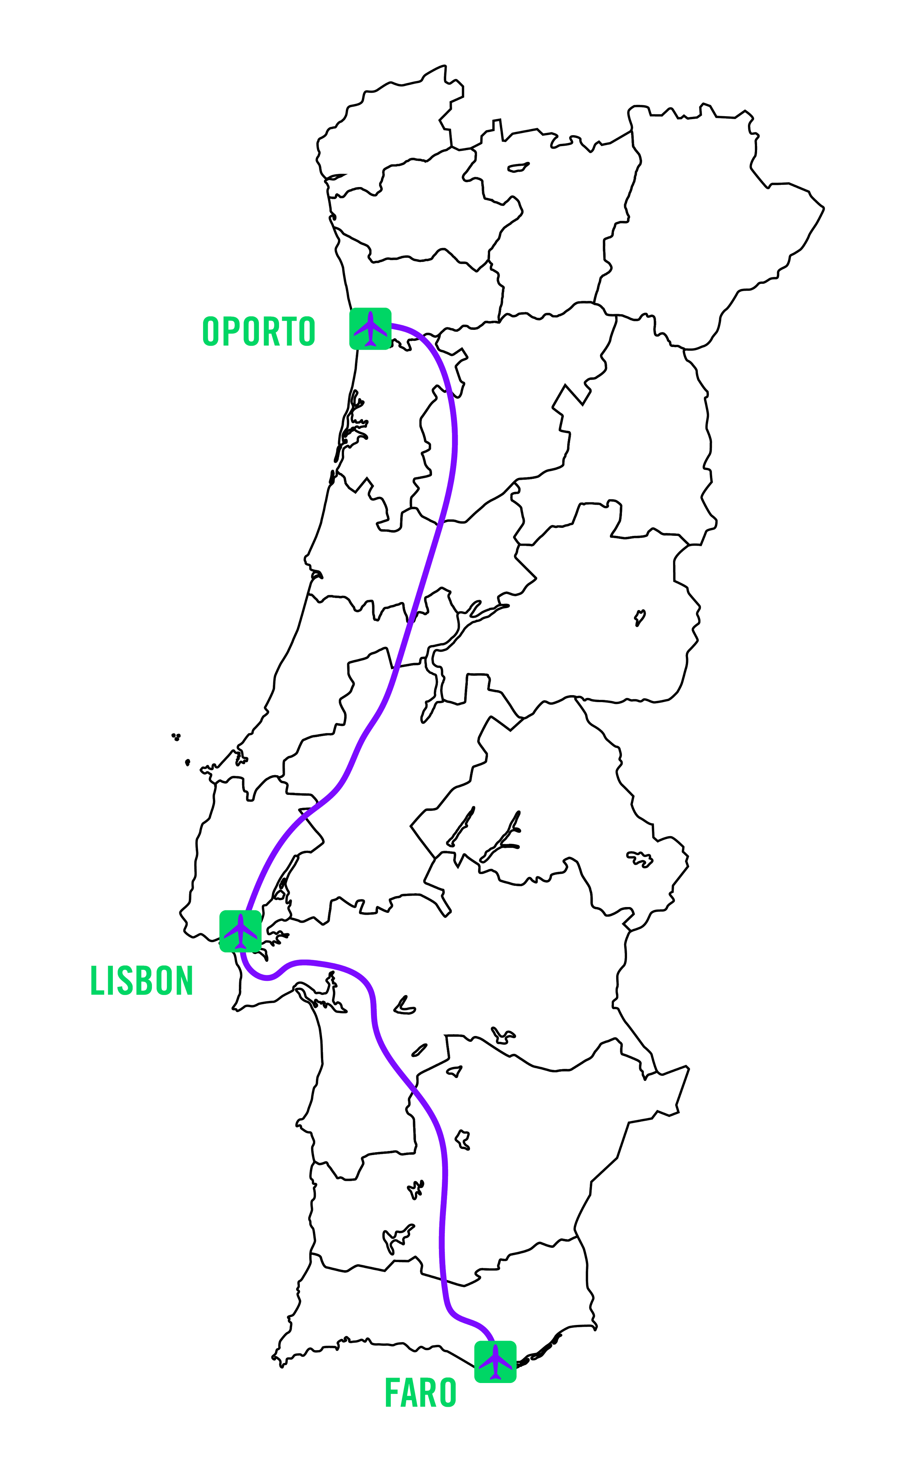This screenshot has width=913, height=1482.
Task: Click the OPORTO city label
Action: (x=259, y=331)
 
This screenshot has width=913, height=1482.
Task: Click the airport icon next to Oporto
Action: (x=370, y=328)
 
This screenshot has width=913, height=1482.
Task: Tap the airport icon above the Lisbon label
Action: (x=240, y=931)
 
